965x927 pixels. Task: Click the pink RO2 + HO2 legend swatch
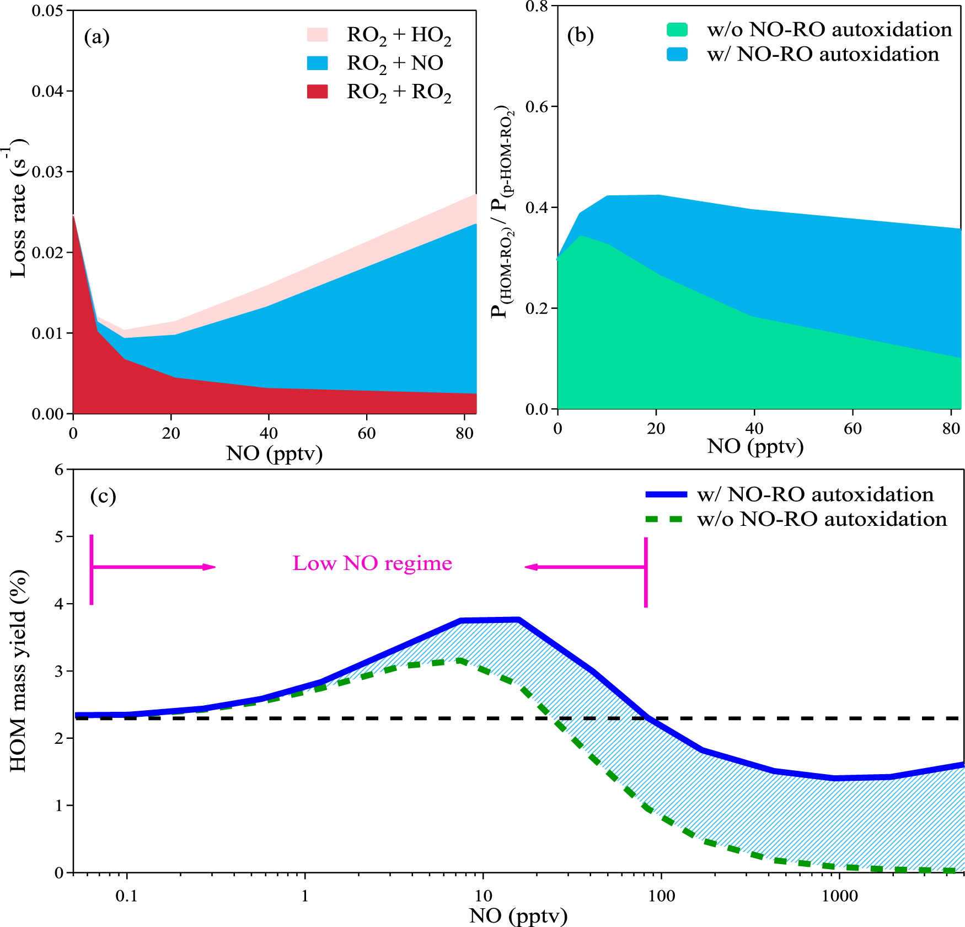pos(317,35)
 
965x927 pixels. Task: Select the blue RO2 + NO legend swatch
pos(317,63)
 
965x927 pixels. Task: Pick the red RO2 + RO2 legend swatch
pos(317,92)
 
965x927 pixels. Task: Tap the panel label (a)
pos(96,37)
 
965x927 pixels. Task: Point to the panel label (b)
pos(580,35)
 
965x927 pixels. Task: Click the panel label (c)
pos(103,496)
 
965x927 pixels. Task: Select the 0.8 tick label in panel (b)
pos(537,7)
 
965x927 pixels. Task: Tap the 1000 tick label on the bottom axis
pos(839,896)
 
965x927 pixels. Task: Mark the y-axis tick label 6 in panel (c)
pos(60,470)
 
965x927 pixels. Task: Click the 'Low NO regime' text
pos(372,563)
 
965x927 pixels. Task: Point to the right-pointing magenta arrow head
pos(209,567)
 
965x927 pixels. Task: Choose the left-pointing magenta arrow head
pos(531,567)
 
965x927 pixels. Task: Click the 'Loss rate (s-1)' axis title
pos(18,210)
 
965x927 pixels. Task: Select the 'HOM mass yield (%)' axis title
pos(18,670)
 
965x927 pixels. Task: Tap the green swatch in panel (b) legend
pos(677,30)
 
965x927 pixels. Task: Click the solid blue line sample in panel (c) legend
pos(666,495)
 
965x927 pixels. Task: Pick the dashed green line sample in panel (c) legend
pos(666,519)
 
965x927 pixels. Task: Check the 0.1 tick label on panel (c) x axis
pos(126,896)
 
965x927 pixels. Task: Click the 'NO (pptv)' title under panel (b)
pos(755,446)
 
